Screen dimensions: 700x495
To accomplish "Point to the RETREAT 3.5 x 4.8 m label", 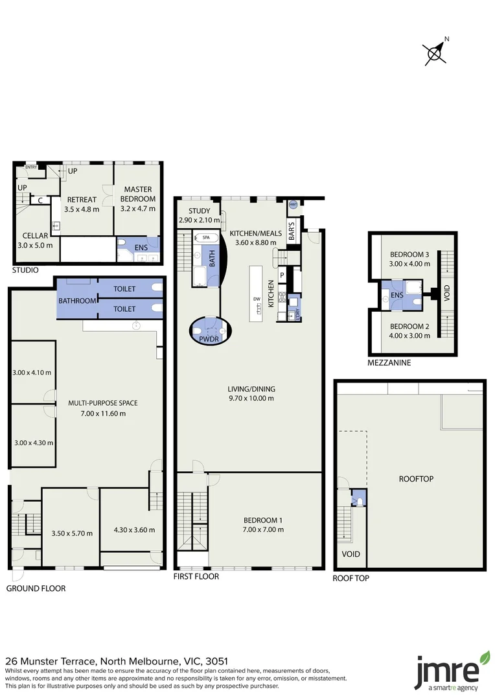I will pyautogui.click(x=82, y=205).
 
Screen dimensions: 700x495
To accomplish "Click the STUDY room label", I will pyautogui.click(x=198, y=211).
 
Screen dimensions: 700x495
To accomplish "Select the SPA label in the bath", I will pyautogui.click(x=206, y=238).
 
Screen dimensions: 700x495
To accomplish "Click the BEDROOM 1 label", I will pyautogui.click(x=263, y=520).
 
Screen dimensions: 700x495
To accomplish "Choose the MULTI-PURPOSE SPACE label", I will pyautogui.click(x=103, y=403).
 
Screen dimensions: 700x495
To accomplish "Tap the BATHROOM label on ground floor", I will pyautogui.click(x=78, y=301).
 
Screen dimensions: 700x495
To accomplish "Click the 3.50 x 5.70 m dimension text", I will pyautogui.click(x=71, y=533).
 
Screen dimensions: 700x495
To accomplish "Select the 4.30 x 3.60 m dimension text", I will pyautogui.click(x=133, y=530).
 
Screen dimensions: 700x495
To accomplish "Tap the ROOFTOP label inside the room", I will pyautogui.click(x=415, y=479).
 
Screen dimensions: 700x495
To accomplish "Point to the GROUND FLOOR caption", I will pyautogui.click(x=36, y=589).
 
